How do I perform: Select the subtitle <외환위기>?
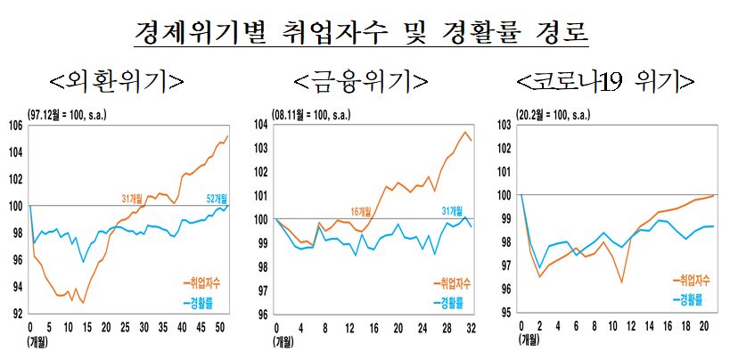pyautogui.click(x=118, y=82)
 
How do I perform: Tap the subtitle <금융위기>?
pyautogui.click(x=361, y=82)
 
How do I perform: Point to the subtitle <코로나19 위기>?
pyautogui.click(x=606, y=82)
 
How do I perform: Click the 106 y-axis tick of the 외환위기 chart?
pyautogui.click(x=17, y=126)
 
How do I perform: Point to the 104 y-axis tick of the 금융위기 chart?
pyautogui.click(x=262, y=126)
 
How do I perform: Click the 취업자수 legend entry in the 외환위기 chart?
pyautogui.click(x=204, y=282)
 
